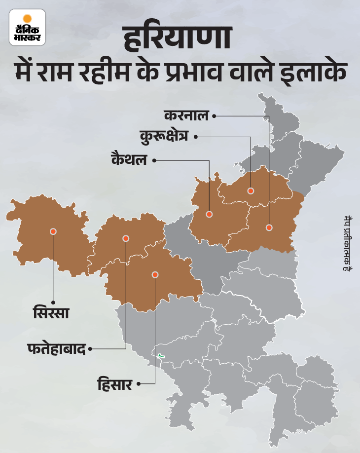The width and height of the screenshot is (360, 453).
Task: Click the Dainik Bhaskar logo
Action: [27, 27]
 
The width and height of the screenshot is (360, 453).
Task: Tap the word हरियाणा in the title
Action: [180, 41]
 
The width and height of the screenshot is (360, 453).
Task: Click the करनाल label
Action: [186, 115]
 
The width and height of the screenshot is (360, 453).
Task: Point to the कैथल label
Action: [129, 160]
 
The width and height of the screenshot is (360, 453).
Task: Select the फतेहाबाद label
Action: [56, 349]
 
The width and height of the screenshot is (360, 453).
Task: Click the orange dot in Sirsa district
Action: [53, 231]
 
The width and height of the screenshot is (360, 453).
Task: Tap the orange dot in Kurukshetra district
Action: [251, 190]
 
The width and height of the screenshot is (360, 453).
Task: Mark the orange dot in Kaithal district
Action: [209, 214]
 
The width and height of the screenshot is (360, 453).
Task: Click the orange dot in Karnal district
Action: [269, 227]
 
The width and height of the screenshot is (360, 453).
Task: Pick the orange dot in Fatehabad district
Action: [126, 238]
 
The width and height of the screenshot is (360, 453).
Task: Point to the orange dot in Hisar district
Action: [155, 274]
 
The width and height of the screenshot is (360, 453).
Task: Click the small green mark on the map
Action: [161, 356]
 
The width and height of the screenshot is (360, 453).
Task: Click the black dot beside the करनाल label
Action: [215, 115]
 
